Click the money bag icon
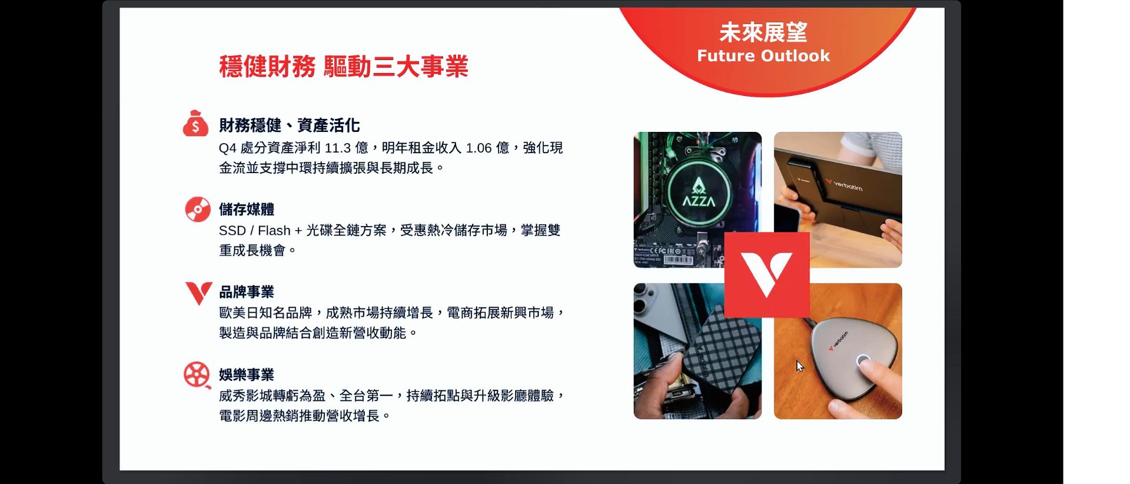[x=195, y=123]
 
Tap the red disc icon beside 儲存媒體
[x=198, y=209]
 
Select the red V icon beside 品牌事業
[x=198, y=293]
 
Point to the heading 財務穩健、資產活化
[x=289, y=125]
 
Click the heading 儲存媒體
[x=247, y=209]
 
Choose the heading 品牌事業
[x=247, y=291]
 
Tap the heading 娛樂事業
[x=247, y=374]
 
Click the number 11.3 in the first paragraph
[x=338, y=148]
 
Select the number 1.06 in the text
[x=478, y=148]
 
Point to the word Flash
[x=274, y=231]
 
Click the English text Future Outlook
[x=763, y=56]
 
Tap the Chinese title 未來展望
[x=763, y=32]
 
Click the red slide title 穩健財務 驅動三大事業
[x=344, y=66]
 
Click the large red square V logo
[x=767, y=275]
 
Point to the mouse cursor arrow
[x=800, y=366]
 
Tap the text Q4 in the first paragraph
[x=228, y=148]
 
